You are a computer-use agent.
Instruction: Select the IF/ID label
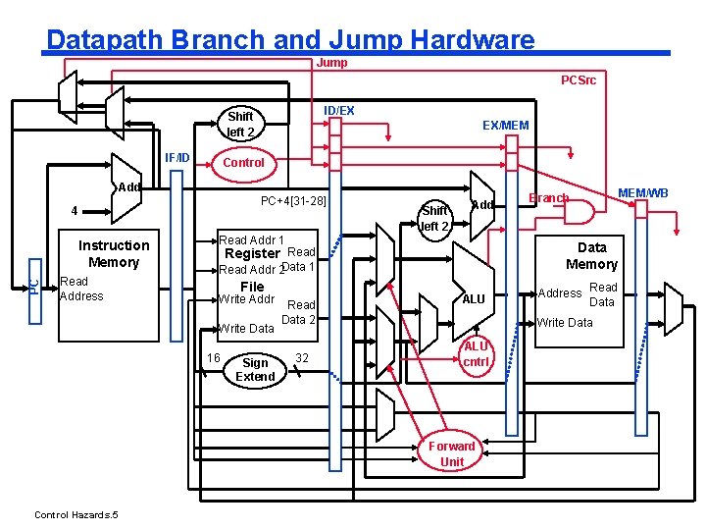coord(176,158)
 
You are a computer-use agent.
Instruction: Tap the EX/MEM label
coord(506,126)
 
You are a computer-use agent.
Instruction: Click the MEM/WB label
coord(642,193)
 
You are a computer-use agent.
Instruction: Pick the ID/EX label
coord(338,111)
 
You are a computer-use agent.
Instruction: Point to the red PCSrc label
coord(579,80)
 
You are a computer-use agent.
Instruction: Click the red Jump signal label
coord(331,63)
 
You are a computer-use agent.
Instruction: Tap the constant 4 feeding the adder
coord(75,210)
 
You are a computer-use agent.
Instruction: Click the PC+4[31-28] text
coord(293,200)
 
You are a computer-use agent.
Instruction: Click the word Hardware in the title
coord(473,39)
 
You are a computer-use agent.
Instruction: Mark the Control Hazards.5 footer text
coord(76,514)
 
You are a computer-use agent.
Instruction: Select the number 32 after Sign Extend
coord(302,358)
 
